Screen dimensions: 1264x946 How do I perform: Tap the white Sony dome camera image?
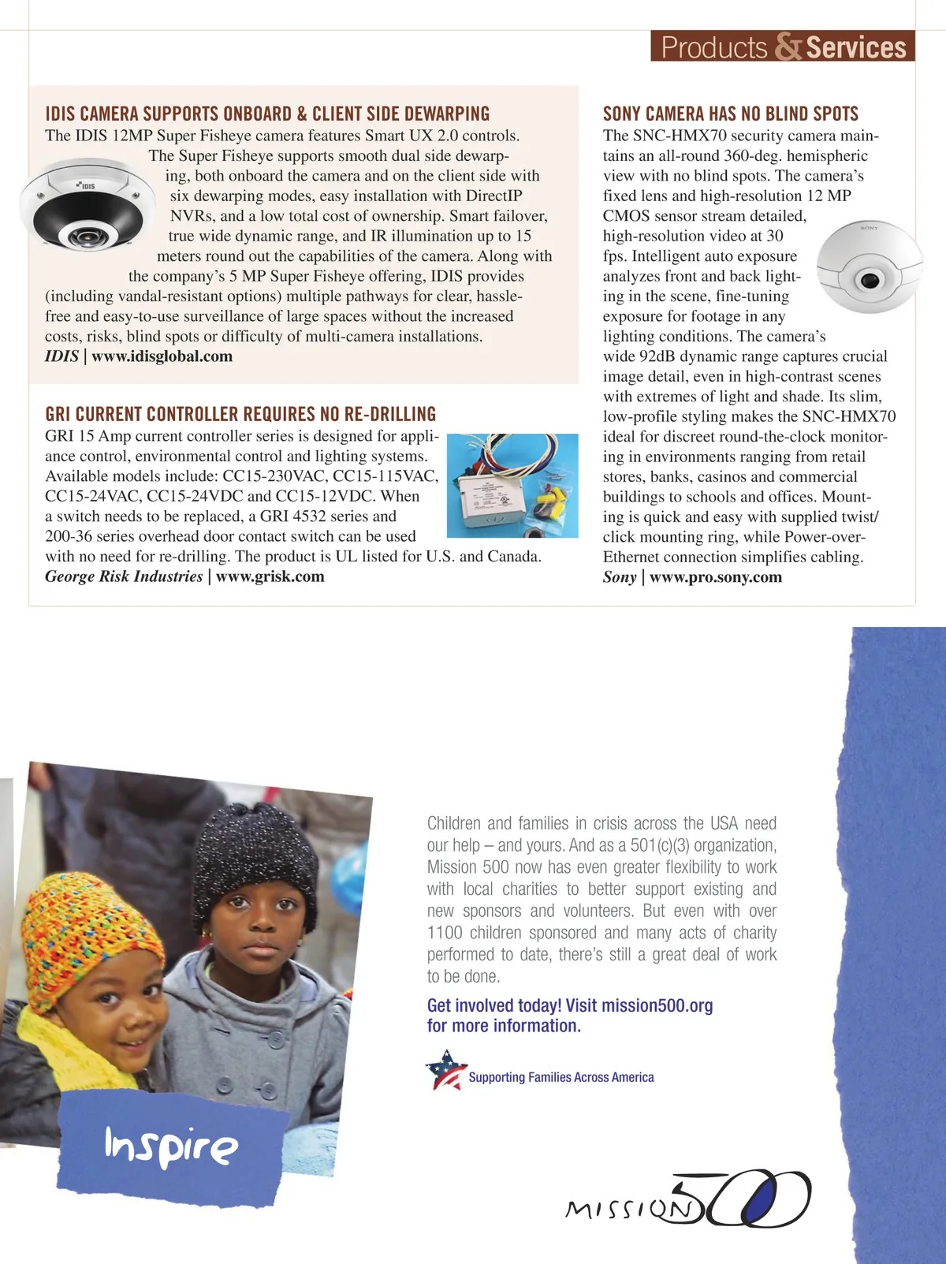(869, 268)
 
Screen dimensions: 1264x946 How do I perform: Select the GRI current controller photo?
(512, 486)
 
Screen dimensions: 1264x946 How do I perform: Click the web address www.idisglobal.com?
(162, 356)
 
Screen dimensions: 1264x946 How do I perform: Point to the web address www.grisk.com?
(270, 576)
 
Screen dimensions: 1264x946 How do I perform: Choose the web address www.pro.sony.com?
(716, 577)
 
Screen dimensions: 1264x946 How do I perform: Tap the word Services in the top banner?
(856, 47)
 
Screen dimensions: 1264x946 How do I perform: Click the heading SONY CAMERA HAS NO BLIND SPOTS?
(730, 114)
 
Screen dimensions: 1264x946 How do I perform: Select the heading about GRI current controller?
(240, 414)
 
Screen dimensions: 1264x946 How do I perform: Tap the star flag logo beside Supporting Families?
(445, 1070)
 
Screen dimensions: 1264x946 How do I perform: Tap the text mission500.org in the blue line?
(657, 1005)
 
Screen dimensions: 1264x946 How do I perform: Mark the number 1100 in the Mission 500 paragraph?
(445, 933)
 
